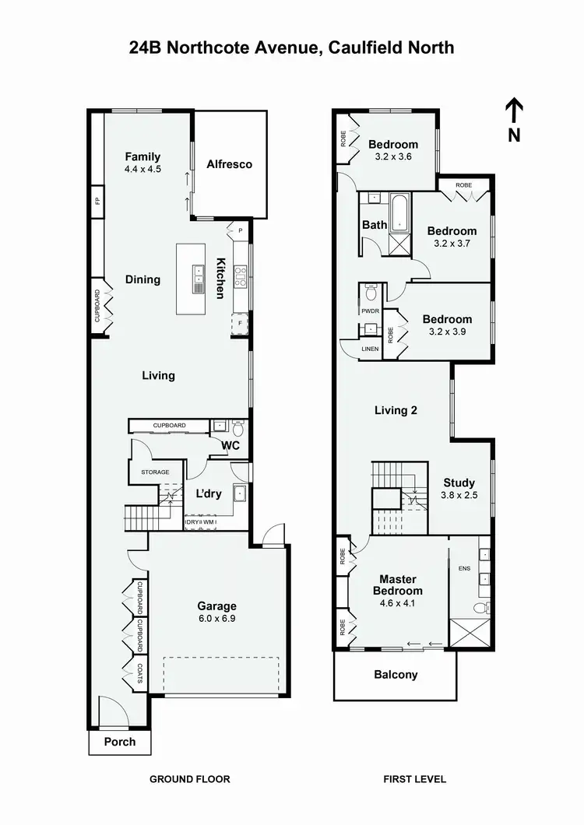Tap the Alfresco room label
(229, 164)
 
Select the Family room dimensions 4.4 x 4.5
(142, 169)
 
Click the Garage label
(216, 606)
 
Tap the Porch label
(120, 742)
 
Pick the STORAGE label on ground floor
(155, 472)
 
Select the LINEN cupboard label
(370, 349)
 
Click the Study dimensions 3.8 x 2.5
(459, 495)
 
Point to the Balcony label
(396, 675)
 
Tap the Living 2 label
(396, 410)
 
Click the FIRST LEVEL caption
(414, 778)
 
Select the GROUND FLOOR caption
(189, 778)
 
